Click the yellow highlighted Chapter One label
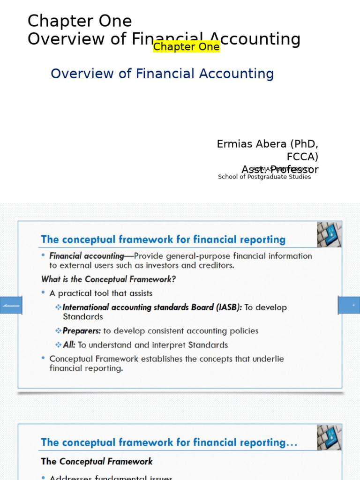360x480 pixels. [186, 47]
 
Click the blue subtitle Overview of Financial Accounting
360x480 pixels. [162, 74]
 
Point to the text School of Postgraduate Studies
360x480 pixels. [264, 177]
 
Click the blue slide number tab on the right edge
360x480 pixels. [349, 305]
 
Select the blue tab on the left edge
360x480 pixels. [10, 305]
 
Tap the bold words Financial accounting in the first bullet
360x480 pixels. [86, 256]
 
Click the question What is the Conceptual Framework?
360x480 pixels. [108, 279]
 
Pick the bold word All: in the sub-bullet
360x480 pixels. [69, 345]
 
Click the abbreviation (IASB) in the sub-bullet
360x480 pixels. [229, 307]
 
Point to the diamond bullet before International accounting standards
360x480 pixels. [58, 307]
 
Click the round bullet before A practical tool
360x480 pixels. [43, 293]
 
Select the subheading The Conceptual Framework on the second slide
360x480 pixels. [97, 461]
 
